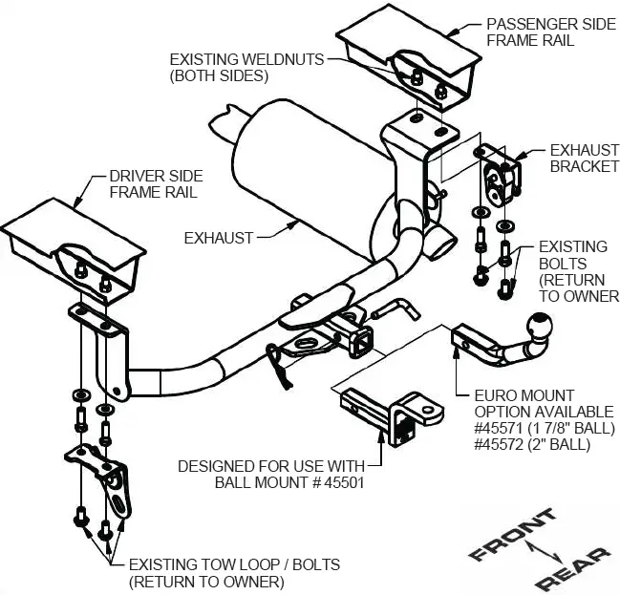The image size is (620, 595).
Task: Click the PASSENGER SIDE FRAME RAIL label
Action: tap(550, 32)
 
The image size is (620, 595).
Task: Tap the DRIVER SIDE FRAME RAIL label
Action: tap(153, 184)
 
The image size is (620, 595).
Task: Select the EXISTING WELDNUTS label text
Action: tap(246, 67)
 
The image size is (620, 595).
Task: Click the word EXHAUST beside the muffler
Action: tap(219, 238)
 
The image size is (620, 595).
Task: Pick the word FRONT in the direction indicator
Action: tap(513, 536)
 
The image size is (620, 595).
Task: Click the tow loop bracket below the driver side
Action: tap(104, 481)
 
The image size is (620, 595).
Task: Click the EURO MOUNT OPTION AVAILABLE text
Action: tap(524, 402)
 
